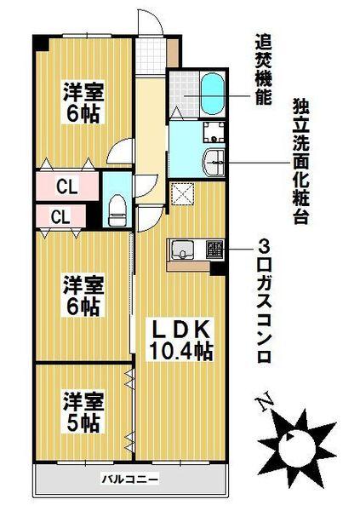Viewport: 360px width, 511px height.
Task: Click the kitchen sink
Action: coord(184,250)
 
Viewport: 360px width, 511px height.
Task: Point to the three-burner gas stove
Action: coord(211,250)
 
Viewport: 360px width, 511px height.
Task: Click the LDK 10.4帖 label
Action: coord(181,339)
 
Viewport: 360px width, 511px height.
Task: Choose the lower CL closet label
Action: coord(60,217)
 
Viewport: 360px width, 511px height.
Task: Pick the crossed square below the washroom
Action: coord(182,195)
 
